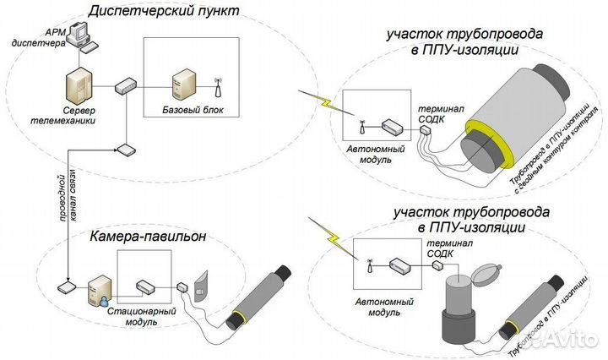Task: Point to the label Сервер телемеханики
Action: point(77,116)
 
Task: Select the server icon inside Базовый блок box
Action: point(183,85)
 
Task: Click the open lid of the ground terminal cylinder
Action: point(488,275)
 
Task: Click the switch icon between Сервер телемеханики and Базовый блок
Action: point(126,85)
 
